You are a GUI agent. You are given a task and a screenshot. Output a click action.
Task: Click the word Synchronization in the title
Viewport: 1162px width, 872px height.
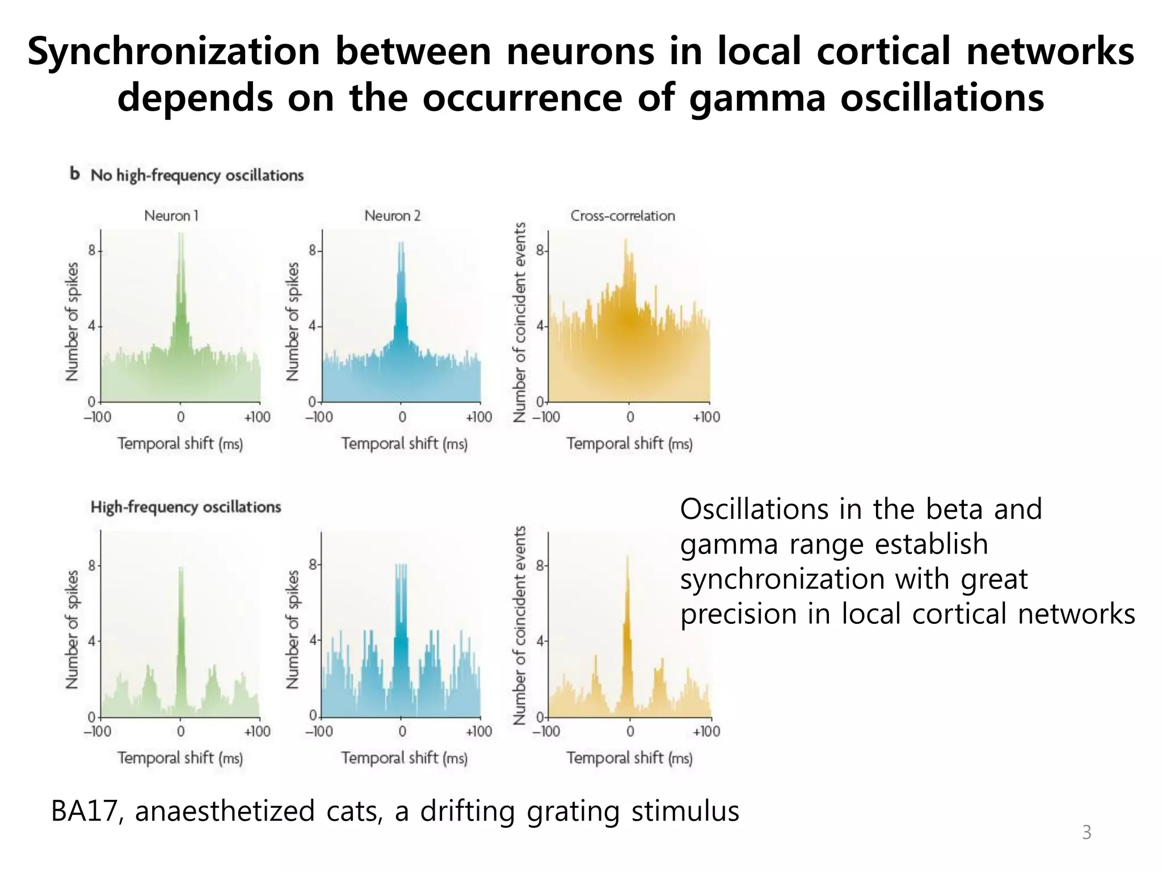[174, 52]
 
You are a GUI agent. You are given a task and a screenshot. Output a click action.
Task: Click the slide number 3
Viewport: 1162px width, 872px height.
[1086, 832]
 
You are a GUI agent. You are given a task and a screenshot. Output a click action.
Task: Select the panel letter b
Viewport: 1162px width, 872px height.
[74, 174]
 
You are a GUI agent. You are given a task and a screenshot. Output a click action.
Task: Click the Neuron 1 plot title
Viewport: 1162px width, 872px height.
[171, 216]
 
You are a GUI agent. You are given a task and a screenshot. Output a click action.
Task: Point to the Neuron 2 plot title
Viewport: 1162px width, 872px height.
[392, 216]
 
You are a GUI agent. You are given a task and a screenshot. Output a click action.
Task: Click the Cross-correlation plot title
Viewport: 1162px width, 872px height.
[622, 216]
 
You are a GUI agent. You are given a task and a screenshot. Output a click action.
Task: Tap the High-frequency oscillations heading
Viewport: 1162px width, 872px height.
[186, 507]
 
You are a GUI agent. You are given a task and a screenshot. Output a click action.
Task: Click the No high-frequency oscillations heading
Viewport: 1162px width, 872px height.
[197, 175]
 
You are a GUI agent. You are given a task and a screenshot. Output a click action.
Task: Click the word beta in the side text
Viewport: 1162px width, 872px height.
[955, 509]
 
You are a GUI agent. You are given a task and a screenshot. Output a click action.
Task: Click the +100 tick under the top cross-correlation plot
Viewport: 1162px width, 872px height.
[706, 417]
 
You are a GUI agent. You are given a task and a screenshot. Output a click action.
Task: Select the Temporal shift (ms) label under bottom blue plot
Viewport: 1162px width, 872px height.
[404, 758]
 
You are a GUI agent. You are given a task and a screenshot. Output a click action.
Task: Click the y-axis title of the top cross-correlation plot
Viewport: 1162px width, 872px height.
[519, 322]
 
